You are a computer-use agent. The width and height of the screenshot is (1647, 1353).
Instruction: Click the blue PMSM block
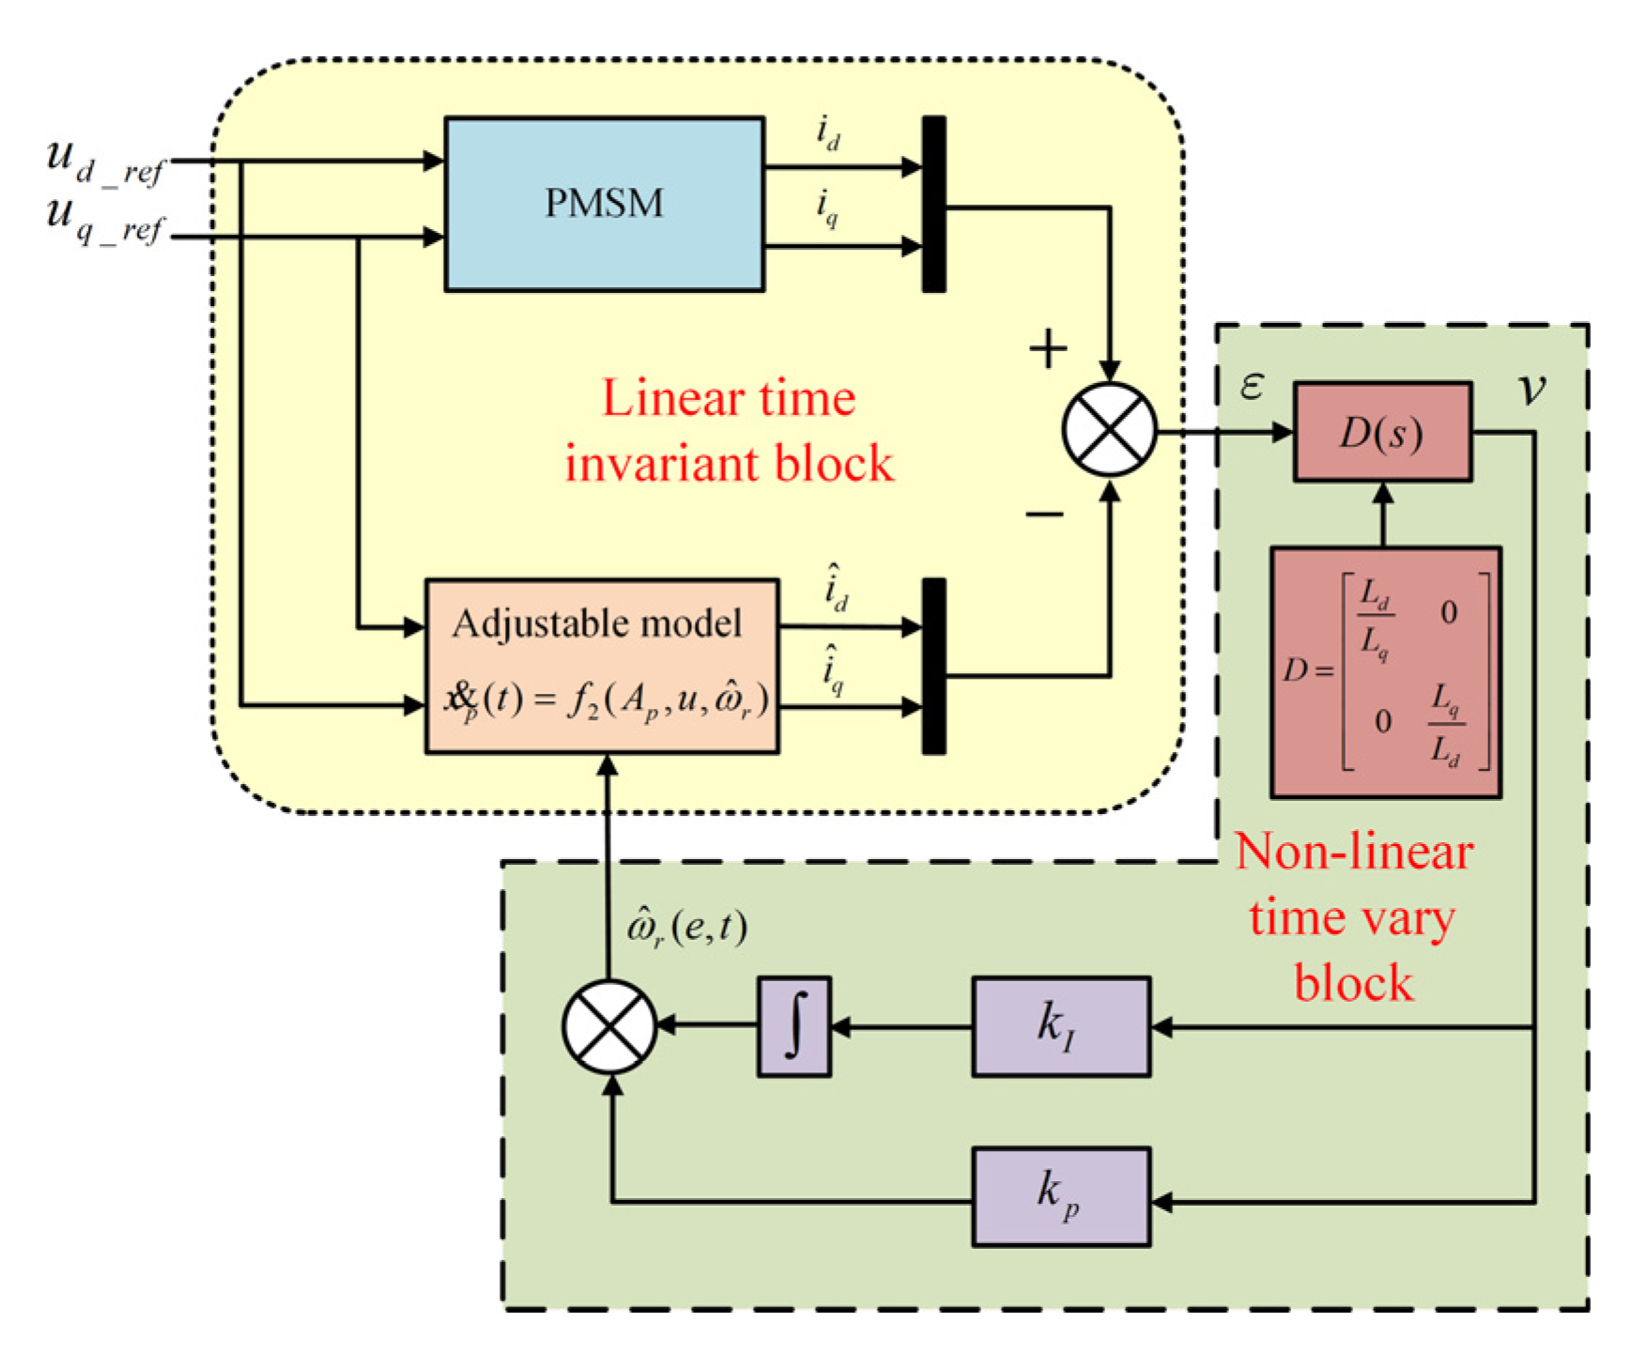604,204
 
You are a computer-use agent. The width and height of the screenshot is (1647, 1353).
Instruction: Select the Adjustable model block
602,666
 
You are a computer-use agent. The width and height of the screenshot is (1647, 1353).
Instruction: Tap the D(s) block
1382,432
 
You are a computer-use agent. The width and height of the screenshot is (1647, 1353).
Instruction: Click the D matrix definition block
1386,672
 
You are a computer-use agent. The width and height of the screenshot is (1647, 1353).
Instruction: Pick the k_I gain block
1061,1026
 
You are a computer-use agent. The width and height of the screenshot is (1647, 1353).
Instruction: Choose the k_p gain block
1061,1196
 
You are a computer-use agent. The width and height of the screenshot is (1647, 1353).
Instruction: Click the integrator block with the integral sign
794,1026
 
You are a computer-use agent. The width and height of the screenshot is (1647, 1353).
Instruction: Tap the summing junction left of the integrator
609,1026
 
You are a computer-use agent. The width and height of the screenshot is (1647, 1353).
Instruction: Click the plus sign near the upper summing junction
1048,349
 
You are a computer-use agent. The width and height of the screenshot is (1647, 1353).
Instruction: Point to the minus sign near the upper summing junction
1044,513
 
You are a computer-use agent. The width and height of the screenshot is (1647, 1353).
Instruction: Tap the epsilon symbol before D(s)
1252,385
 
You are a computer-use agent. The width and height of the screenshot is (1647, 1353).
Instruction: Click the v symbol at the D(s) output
1532,388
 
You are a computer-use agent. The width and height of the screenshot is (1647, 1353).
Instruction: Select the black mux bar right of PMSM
933,204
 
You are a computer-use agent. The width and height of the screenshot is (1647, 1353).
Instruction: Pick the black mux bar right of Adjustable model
933,666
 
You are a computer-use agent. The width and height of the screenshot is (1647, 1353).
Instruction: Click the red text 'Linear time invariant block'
729,431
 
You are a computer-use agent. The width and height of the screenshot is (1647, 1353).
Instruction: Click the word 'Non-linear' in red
1353,852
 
